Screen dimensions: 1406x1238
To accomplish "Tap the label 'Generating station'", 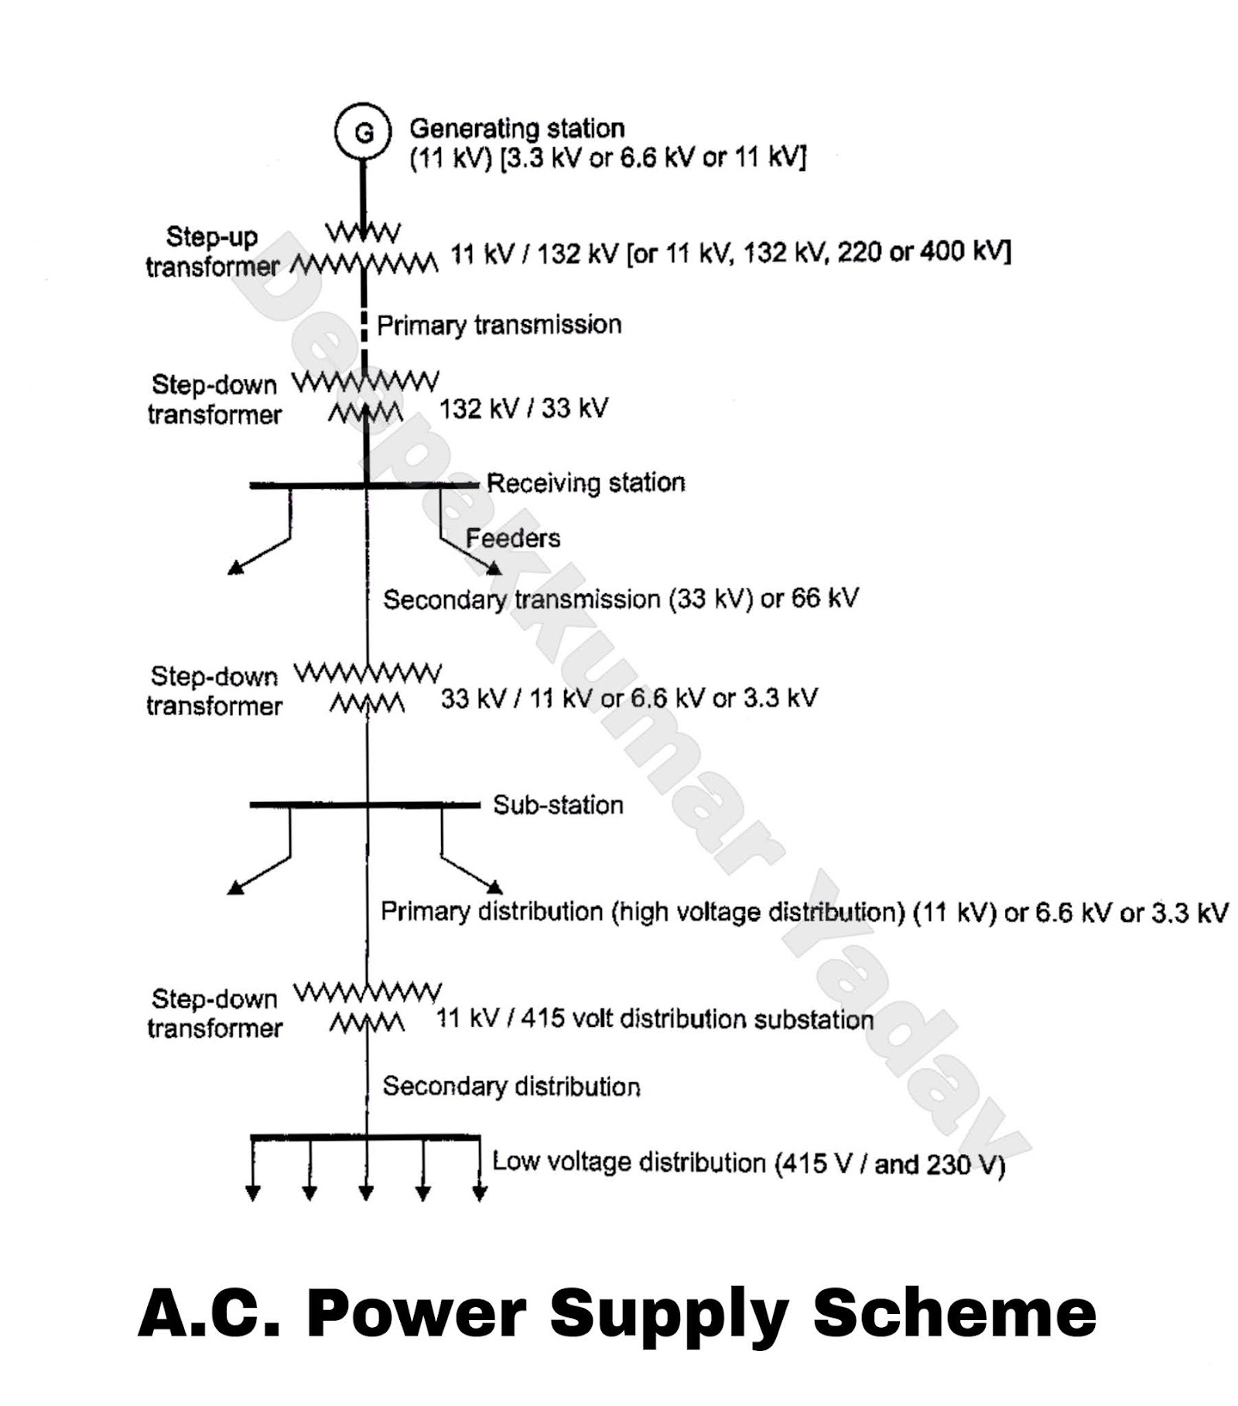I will pos(516,128).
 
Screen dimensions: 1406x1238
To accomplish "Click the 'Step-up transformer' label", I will pos(212,251).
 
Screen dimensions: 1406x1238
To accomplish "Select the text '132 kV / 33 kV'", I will pos(524,408).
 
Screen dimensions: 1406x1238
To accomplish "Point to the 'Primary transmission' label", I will pos(499,324).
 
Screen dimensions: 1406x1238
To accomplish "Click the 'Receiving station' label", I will pos(586,483).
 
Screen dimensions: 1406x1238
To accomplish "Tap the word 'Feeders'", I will pos(512,537).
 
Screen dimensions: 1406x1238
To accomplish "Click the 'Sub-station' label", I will pos(558,804).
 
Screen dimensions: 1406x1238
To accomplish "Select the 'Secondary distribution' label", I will pos(511,1086).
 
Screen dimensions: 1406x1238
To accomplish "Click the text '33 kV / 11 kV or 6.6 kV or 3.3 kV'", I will pos(628,698).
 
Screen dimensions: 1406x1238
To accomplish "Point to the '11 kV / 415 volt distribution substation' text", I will pos(655,1019).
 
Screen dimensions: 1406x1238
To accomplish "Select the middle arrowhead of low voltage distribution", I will pos(366,1193).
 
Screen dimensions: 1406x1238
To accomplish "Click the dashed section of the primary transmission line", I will pos(364,325).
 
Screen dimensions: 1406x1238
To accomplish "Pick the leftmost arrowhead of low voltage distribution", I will pos(252,1193).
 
